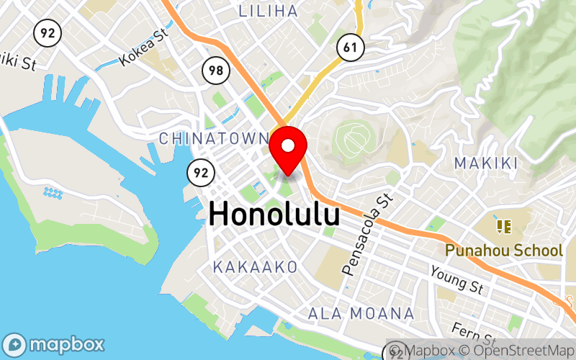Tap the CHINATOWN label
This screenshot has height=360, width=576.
(x=215, y=138)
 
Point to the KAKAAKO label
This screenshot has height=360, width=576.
(x=255, y=267)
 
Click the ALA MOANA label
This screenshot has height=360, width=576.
(x=361, y=313)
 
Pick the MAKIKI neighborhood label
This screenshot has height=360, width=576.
(x=486, y=163)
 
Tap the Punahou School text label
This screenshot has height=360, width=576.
(x=503, y=251)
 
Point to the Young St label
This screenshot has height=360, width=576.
(x=456, y=279)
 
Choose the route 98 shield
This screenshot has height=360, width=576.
(x=215, y=70)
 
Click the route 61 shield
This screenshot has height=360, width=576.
(x=350, y=48)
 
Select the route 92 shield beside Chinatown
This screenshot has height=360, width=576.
(x=200, y=172)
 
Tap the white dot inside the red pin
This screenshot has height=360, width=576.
(x=288, y=145)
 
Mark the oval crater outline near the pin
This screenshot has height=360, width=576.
(x=354, y=138)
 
